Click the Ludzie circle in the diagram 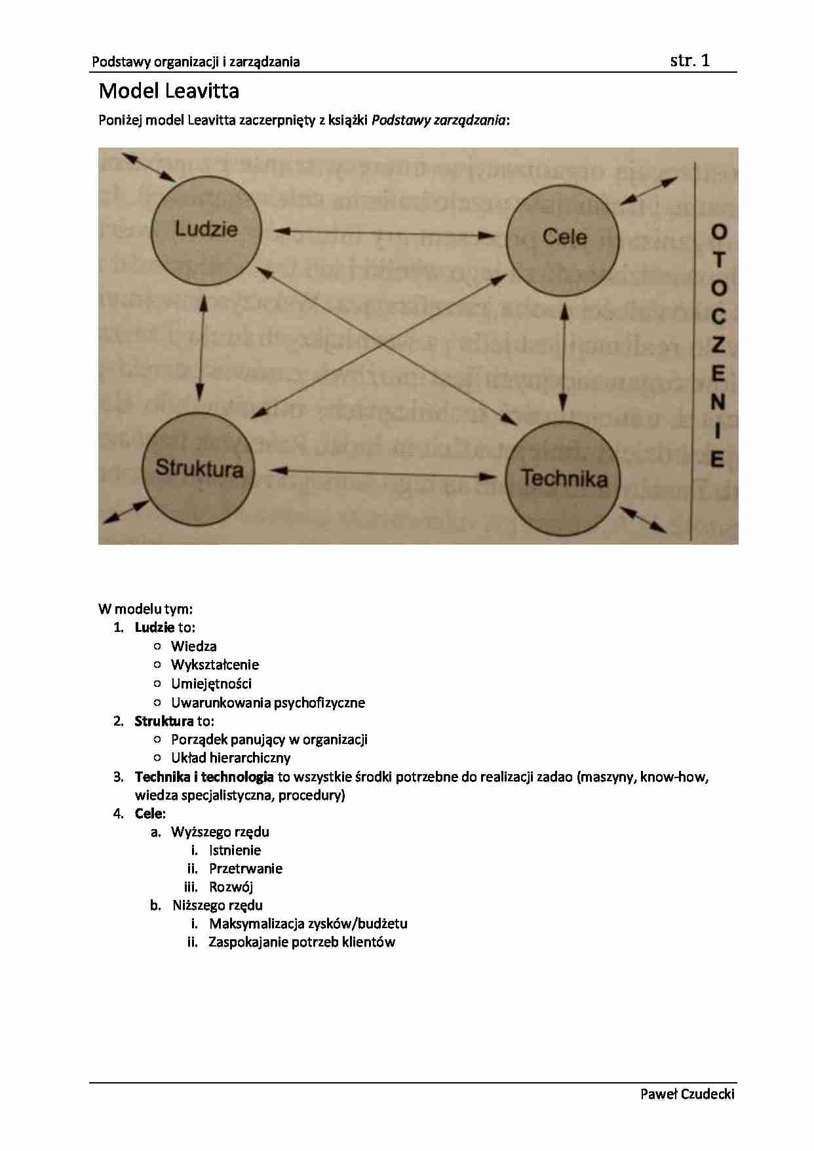[x=206, y=229]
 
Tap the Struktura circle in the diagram [x=198, y=469]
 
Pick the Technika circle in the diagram [x=564, y=478]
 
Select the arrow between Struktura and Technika [x=383, y=473]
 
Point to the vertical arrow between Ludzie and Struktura [x=202, y=347]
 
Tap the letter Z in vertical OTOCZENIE [x=718, y=345]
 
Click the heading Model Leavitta [x=169, y=90]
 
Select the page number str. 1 [x=689, y=61]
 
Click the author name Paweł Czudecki [x=687, y=1093]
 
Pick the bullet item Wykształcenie [x=215, y=665]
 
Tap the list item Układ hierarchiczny [x=231, y=758]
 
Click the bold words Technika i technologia [x=204, y=777]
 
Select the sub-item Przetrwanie [x=246, y=868]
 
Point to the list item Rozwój [x=231, y=887]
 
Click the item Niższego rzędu [x=218, y=905]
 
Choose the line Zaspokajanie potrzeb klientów [x=301, y=942]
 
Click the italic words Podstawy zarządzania [x=438, y=120]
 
